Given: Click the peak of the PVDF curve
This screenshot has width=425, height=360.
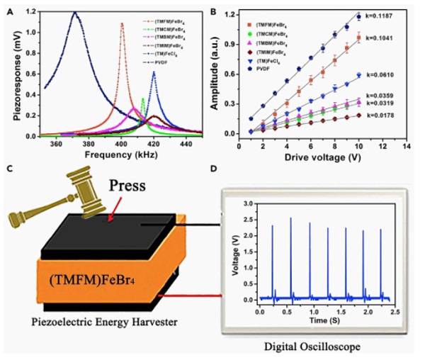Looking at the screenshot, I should coord(74,13).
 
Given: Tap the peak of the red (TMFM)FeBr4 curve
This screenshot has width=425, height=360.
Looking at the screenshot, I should coord(122,24).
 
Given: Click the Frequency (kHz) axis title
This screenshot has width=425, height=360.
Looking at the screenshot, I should coord(111,153).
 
